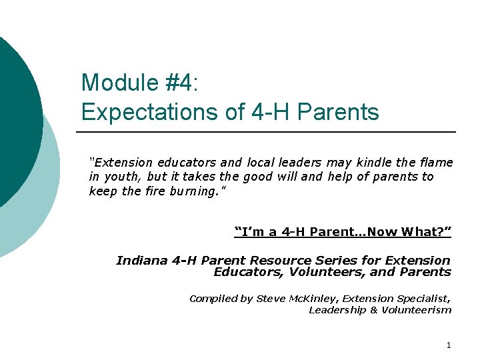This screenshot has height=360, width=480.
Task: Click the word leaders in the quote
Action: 300,162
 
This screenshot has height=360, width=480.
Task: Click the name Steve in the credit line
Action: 271,299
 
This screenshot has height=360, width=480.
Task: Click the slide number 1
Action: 449,345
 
